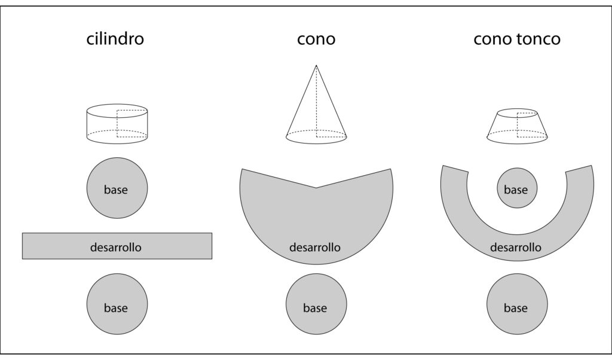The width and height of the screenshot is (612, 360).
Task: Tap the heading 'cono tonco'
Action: click(516, 39)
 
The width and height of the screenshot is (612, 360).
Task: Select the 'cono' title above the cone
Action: click(316, 39)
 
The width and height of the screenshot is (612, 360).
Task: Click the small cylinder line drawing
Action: click(117, 124)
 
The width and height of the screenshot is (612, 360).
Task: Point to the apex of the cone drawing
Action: click(316, 65)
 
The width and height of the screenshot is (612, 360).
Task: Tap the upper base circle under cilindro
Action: click(117, 188)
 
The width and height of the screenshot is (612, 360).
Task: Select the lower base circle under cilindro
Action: click(117, 306)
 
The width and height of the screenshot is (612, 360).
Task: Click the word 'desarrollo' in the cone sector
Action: click(315, 246)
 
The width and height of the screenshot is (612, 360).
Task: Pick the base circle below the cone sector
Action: click(316, 306)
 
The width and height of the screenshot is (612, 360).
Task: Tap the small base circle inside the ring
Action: click(516, 189)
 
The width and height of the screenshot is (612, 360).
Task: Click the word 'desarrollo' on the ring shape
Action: click(516, 246)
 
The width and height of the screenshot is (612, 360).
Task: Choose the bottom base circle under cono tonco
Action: click(516, 306)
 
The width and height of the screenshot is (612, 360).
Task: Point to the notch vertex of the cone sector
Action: click(316, 188)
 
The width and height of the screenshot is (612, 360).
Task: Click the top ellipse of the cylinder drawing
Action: click(117, 110)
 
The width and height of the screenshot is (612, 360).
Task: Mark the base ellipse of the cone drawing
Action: click(316, 136)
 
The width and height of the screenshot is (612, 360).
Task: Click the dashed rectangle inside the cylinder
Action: click(131, 123)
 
